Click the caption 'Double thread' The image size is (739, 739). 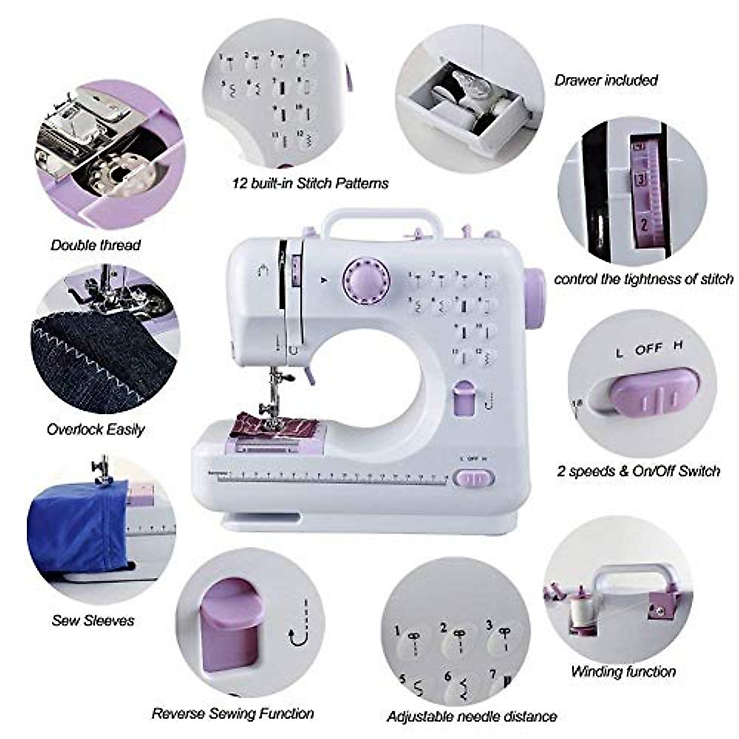(95, 245)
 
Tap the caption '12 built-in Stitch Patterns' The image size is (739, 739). (310, 183)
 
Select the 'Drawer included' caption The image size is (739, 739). (606, 80)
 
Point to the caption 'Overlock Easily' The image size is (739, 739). (96, 429)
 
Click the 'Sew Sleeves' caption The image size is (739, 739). (93, 620)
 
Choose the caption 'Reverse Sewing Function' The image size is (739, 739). (233, 714)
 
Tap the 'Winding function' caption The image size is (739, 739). (623, 671)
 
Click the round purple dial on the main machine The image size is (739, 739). (367, 281)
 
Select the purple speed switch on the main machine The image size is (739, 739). (474, 478)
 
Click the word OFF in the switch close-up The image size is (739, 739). (648, 350)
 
